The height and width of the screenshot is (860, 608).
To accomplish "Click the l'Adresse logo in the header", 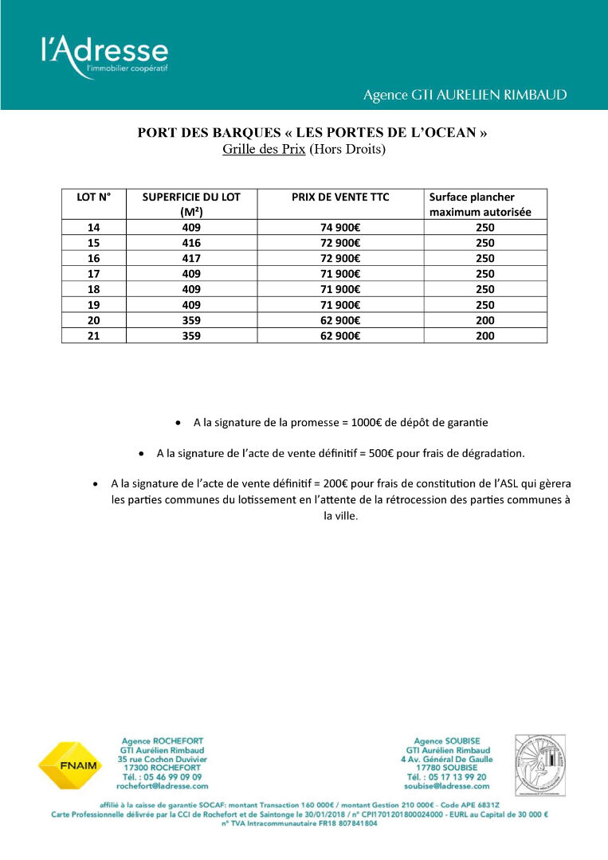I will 104,56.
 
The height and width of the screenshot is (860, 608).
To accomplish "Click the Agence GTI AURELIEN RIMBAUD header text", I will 465,95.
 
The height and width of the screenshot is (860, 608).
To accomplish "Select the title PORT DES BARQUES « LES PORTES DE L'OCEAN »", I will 312,133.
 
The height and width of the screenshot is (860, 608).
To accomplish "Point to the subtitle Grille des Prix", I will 264,149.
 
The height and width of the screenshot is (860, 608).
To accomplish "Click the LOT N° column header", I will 93,197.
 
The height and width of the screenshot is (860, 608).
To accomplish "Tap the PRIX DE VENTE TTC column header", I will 340,197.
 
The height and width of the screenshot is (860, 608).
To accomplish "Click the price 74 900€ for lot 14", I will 340,228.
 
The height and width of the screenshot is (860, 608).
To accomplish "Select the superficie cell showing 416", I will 191,243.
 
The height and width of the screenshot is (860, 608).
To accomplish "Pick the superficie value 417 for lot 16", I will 191,259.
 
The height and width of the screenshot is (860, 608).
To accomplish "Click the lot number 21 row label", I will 93,336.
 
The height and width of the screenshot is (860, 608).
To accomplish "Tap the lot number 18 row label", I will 93,290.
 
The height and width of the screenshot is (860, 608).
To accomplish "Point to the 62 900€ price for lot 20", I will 340,321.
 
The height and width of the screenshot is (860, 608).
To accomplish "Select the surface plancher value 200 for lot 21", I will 484,336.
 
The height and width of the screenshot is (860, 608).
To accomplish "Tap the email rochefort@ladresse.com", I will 163,785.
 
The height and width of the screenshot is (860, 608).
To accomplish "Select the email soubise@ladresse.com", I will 447,785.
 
